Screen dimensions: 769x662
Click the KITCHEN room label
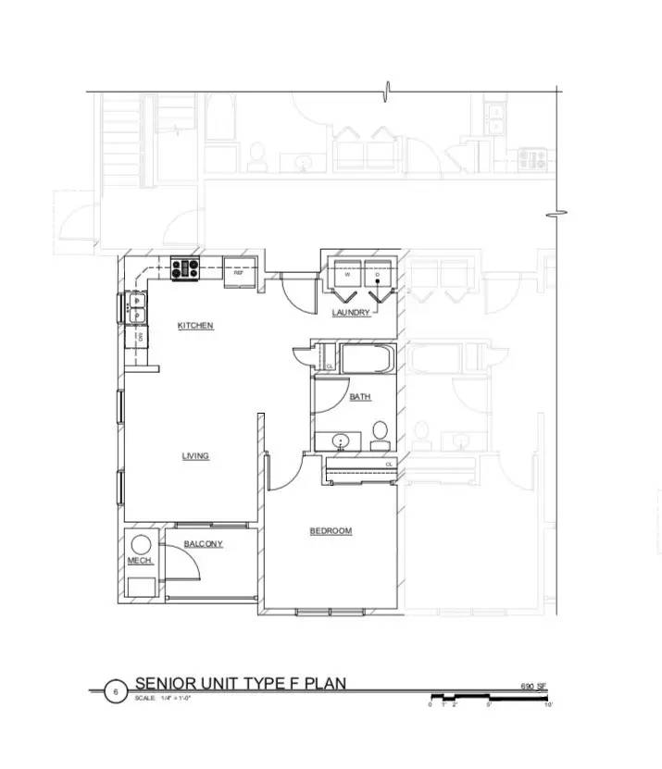tap(195, 326)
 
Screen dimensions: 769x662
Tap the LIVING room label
tap(195, 456)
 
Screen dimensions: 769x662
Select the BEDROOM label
tap(331, 531)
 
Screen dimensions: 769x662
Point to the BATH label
tap(360, 398)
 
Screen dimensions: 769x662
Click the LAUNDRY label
tap(351, 313)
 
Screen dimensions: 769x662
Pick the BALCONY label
tap(203, 544)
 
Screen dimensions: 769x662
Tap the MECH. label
tap(139, 562)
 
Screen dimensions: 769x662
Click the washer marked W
tap(347, 275)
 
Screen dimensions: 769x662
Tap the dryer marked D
tap(377, 276)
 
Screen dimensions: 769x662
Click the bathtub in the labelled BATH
tap(367, 359)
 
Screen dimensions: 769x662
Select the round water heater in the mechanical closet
tap(141, 545)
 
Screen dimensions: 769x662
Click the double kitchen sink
tap(136, 306)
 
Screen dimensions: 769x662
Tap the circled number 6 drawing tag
tap(115, 691)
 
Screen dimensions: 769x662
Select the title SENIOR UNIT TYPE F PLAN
tap(240, 684)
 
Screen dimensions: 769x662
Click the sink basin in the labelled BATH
tap(343, 440)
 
